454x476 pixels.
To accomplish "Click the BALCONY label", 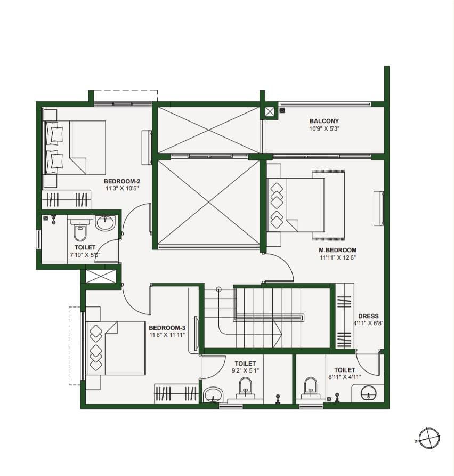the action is (x=324, y=121).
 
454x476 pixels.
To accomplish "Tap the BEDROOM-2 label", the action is (x=122, y=182).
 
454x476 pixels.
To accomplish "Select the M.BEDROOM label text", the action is (x=337, y=250).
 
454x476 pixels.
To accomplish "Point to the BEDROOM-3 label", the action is (x=167, y=328).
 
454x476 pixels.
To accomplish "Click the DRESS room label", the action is (x=368, y=316).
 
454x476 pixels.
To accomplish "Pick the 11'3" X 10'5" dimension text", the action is (x=122, y=189).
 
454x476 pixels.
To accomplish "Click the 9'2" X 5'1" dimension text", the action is (x=245, y=370).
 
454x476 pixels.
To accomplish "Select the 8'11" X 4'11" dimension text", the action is (x=345, y=377).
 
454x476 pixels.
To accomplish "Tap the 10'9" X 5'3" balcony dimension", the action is (x=324, y=128).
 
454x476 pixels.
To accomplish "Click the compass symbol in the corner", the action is (x=429, y=438).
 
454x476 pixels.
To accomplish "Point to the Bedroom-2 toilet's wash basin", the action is (x=106, y=222).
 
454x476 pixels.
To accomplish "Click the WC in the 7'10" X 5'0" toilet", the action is (x=80, y=229).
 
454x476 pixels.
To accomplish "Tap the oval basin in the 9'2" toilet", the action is (x=213, y=394).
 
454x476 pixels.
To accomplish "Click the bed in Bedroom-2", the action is (x=75, y=148).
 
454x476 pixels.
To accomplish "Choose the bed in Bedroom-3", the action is (x=116, y=349).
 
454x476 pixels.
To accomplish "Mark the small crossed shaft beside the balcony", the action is (x=270, y=112).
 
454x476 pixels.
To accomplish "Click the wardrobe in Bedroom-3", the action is (x=176, y=394).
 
